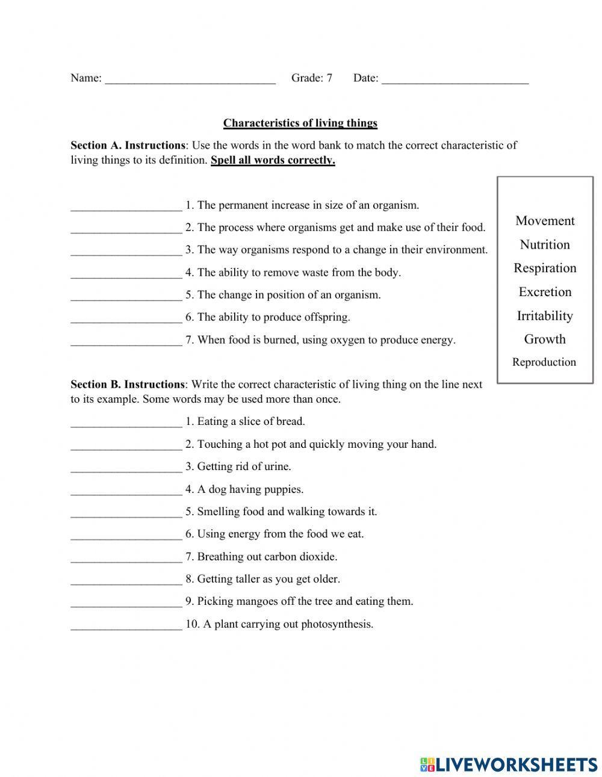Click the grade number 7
(x=329, y=78)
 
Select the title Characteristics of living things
(x=300, y=123)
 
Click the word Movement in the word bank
(x=545, y=221)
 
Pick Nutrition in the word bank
(x=545, y=244)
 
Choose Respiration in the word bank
(x=545, y=268)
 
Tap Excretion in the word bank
(x=545, y=292)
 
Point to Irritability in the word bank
(x=545, y=315)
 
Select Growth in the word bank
(x=545, y=339)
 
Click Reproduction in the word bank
(x=544, y=362)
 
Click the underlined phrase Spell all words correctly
(x=273, y=160)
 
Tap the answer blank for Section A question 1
(x=126, y=206)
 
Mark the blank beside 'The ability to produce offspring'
(x=126, y=318)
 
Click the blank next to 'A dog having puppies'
(x=126, y=491)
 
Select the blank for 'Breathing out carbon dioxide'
(x=126, y=558)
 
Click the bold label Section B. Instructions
(x=128, y=385)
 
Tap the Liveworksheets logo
(x=509, y=764)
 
